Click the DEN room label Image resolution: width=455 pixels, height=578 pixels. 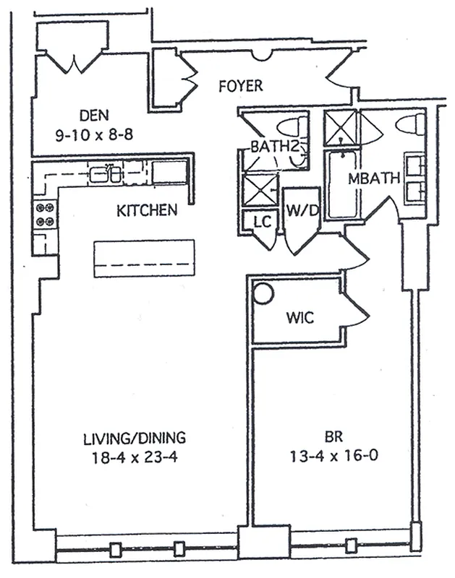click(x=95, y=115)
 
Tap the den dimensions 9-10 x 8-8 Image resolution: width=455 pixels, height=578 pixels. click(x=95, y=134)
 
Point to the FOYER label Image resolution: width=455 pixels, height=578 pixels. click(x=240, y=86)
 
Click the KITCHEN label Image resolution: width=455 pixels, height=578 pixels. click(x=147, y=211)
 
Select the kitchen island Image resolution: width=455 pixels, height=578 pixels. click(x=145, y=258)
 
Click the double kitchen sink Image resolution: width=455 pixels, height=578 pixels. click(x=106, y=173)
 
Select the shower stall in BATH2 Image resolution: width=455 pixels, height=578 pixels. click(x=259, y=190)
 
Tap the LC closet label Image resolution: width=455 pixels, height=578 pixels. click(x=262, y=222)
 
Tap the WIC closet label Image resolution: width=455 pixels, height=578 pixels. click(x=299, y=318)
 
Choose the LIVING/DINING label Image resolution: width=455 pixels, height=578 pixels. click(x=135, y=437)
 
